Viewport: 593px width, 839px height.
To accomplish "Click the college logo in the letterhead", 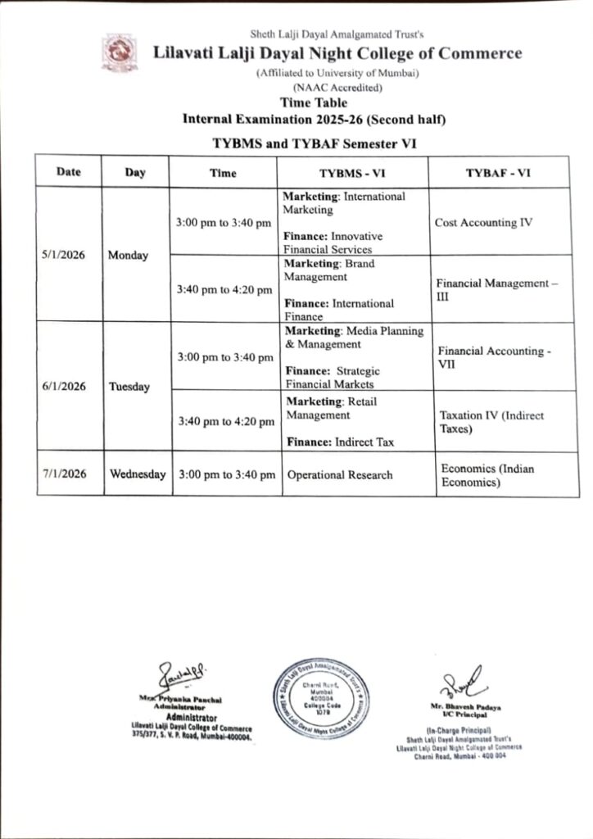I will pyautogui.click(x=114, y=52).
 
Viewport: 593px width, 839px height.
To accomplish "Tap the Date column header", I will pyautogui.click(x=68, y=172).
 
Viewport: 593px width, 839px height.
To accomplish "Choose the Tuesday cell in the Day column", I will pyautogui.click(x=129, y=387).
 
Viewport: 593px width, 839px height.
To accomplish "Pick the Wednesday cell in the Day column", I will pyautogui.click(x=138, y=474).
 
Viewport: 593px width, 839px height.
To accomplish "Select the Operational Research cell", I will pyautogui.click(x=339, y=474).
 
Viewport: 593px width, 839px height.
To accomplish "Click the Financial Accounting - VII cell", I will pyautogui.click(x=492, y=356).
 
